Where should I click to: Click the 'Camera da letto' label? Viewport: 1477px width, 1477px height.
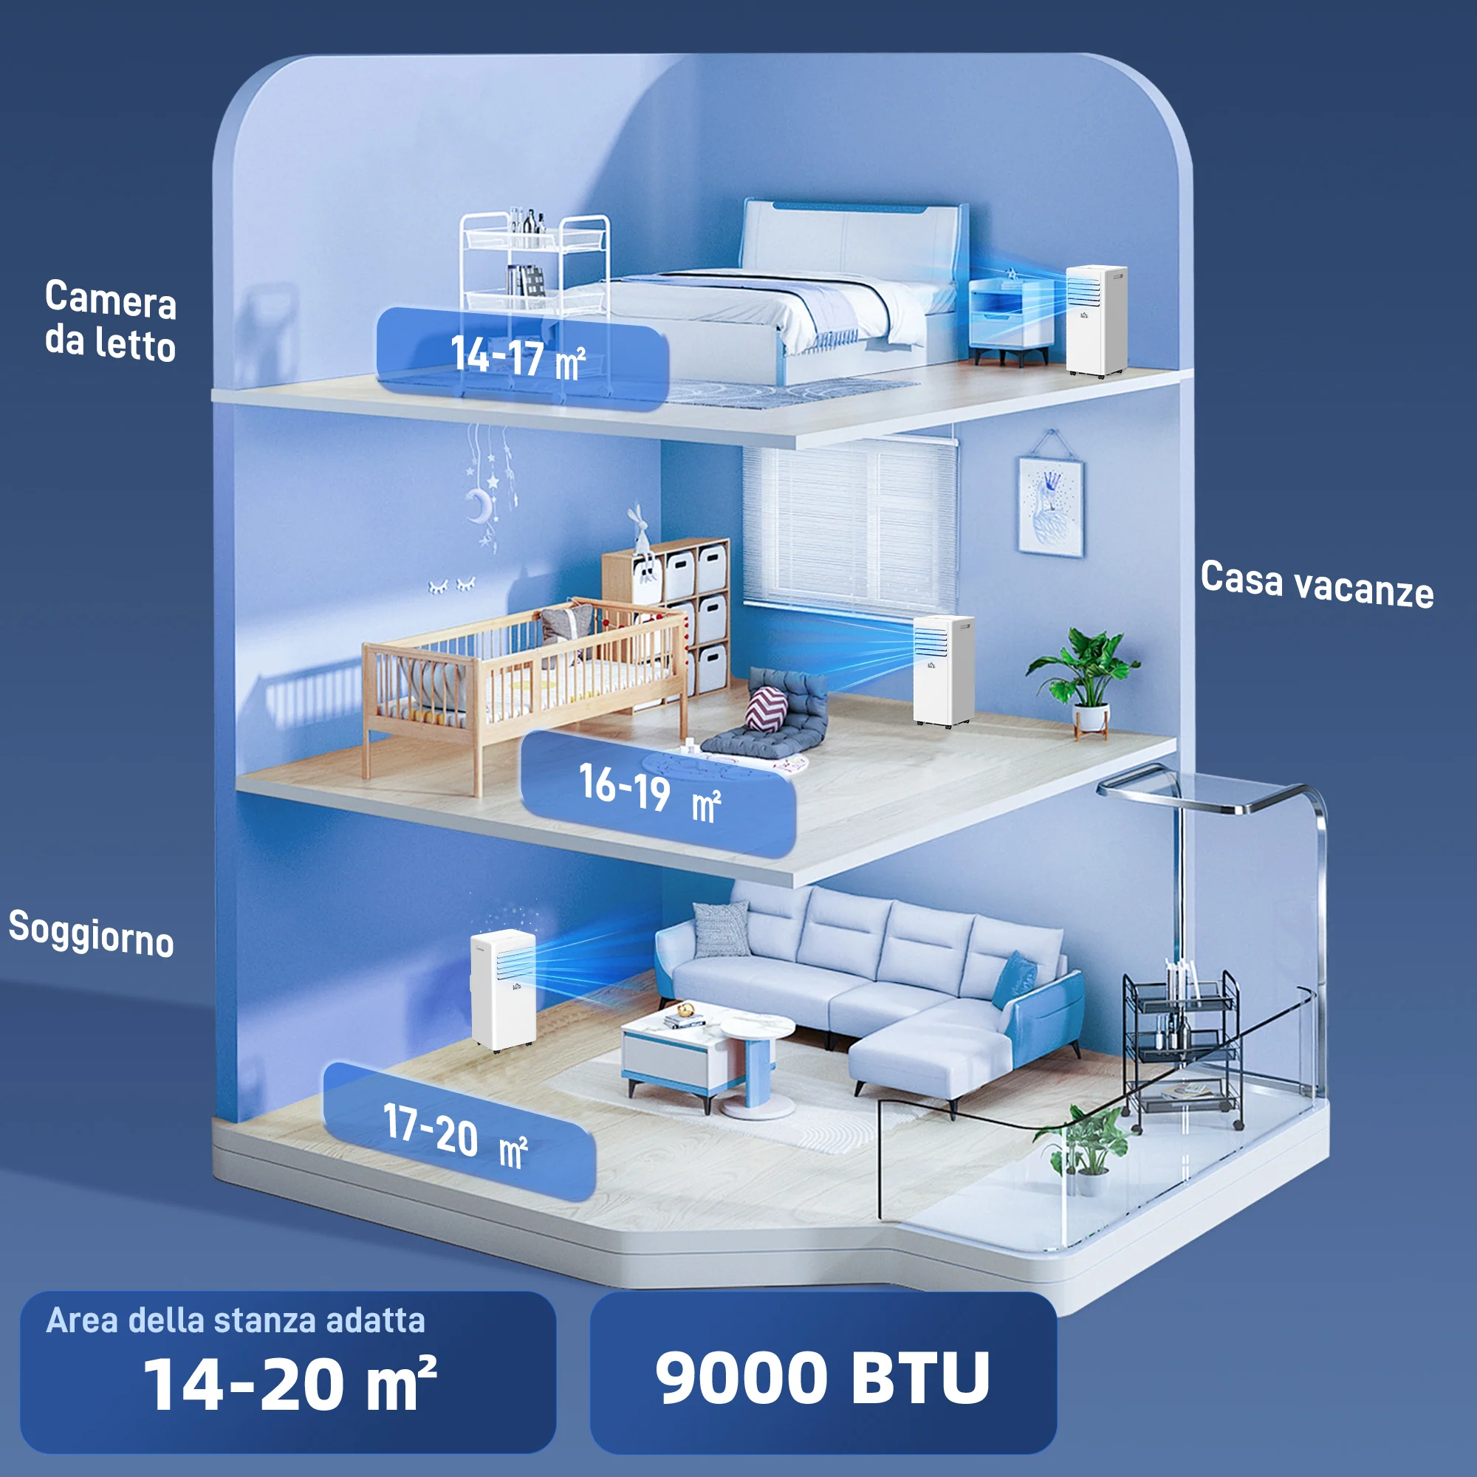tap(111, 320)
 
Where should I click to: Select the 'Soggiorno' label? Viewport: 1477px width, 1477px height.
tap(91, 933)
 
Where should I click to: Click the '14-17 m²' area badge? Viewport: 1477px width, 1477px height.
tap(522, 357)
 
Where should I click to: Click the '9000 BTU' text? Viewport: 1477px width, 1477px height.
tap(823, 1378)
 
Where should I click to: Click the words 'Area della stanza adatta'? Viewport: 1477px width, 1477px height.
tap(236, 1320)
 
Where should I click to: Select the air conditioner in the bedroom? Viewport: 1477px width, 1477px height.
tap(1096, 320)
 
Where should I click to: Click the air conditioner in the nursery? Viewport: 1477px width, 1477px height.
tap(944, 671)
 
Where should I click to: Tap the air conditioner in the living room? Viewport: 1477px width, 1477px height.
tap(503, 991)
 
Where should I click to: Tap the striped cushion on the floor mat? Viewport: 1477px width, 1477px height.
tap(765, 708)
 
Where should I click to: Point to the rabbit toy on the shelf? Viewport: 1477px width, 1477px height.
tap(640, 535)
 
